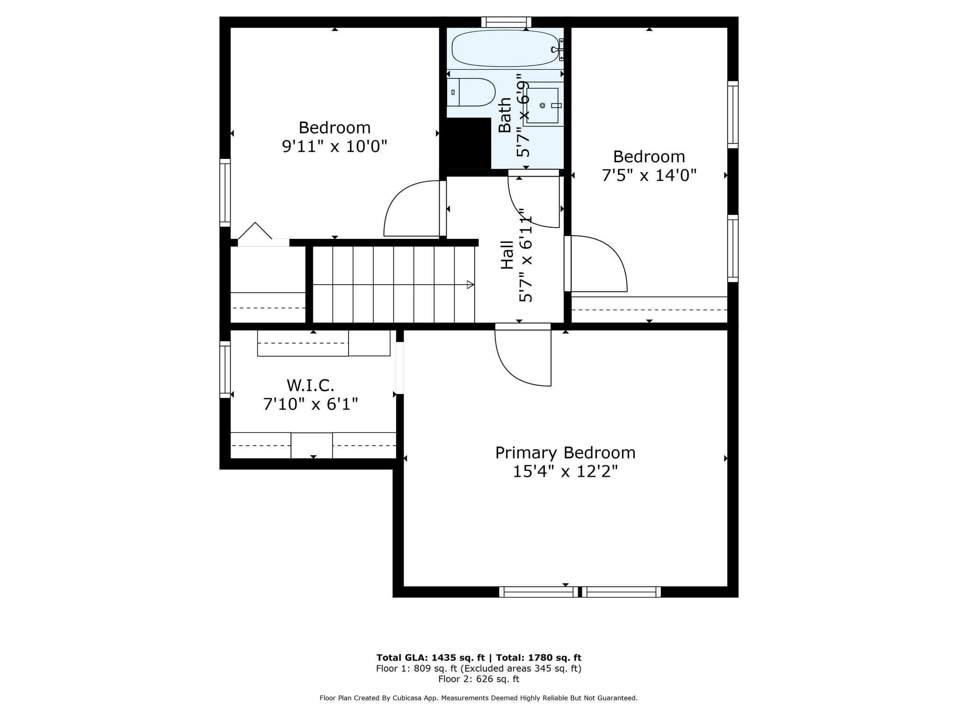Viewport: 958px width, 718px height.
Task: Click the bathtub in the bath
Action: point(505,48)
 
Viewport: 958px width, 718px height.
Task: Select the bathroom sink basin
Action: point(543,106)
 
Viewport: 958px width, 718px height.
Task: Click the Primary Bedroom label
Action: point(565,453)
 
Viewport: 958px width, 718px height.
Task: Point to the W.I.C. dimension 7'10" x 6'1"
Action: point(311,404)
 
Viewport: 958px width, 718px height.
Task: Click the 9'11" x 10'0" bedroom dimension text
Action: point(334,147)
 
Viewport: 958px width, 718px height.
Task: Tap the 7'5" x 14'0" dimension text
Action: point(649,176)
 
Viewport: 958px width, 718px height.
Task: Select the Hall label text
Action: point(507,255)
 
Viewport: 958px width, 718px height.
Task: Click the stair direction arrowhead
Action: point(471,285)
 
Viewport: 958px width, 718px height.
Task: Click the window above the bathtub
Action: point(506,22)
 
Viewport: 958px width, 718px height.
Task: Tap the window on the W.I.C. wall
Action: point(225,369)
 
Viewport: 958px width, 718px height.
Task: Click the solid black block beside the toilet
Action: point(468,143)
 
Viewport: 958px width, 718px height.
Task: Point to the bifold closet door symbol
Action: point(255,232)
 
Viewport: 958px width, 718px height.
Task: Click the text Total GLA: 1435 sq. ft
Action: point(430,658)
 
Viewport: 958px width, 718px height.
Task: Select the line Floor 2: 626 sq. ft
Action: point(479,679)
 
